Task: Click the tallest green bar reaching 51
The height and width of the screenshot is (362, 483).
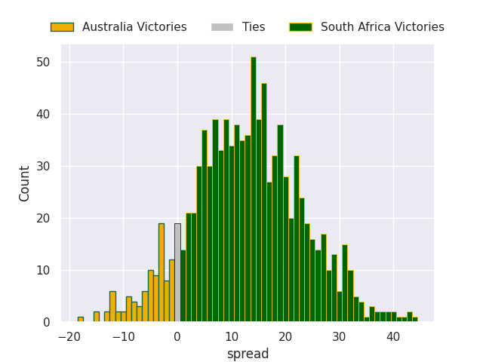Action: (254, 189)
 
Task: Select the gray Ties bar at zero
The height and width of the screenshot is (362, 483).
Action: (178, 273)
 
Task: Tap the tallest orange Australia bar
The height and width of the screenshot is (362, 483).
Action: (162, 273)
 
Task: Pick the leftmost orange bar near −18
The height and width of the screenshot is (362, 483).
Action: (81, 320)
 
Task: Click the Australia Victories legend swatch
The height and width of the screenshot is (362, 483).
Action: (62, 27)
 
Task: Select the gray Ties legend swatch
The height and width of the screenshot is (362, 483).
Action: (222, 27)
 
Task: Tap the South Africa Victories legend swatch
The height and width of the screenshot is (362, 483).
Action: (300, 27)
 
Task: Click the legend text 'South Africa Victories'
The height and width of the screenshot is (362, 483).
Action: (383, 27)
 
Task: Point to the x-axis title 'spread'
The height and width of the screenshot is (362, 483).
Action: (248, 354)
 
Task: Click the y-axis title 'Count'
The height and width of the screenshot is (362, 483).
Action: (24, 184)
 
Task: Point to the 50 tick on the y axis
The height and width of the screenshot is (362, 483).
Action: (43, 62)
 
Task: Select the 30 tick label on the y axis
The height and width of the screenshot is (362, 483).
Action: (43, 166)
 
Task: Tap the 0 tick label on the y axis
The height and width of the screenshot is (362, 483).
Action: (47, 322)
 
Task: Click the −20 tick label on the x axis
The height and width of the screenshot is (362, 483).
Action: (69, 337)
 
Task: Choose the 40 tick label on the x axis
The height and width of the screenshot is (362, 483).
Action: (393, 337)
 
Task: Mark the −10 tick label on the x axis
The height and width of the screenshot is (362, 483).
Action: (123, 337)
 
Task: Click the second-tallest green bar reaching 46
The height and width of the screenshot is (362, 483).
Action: (264, 203)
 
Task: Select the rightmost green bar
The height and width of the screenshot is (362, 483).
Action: (415, 320)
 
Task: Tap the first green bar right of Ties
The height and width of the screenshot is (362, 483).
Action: (183, 286)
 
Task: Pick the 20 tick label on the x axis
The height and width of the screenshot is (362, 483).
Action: (285, 337)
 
